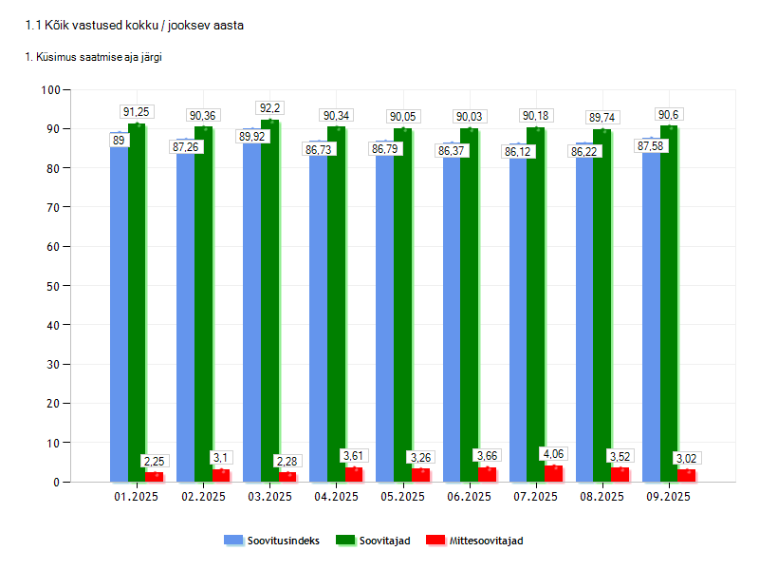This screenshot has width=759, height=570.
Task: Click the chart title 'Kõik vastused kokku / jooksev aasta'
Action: click(x=134, y=26)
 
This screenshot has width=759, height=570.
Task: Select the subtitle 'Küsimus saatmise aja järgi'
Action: click(x=93, y=58)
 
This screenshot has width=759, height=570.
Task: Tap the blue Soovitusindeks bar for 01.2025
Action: click(x=119, y=313)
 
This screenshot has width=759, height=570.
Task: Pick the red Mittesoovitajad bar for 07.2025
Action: click(x=553, y=473)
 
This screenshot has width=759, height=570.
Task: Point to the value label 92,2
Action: click(x=270, y=108)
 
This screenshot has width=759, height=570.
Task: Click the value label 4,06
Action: click(x=553, y=453)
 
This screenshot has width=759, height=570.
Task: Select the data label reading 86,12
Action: click(x=518, y=151)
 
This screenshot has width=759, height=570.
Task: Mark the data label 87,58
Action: click(x=651, y=146)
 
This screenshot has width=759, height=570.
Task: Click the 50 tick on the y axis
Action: click(x=54, y=286)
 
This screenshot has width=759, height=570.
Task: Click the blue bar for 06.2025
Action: click(x=451, y=313)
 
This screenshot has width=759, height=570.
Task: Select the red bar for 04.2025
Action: click(x=354, y=474)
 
